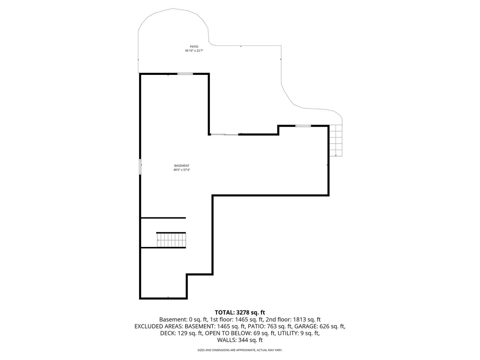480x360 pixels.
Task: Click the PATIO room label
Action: click(194, 46)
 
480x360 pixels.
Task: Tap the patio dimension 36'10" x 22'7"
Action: click(194, 50)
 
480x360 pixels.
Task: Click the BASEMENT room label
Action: click(182, 166)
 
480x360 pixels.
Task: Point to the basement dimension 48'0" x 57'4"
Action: click(182, 170)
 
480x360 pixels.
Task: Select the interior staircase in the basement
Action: click(171, 240)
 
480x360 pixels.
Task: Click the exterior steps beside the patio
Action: click(336, 140)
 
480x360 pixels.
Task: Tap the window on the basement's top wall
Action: click(185, 74)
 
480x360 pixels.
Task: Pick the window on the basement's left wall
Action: click(140, 167)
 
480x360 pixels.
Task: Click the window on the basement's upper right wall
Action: click(303, 126)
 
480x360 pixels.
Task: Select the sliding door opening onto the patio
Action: click(224, 134)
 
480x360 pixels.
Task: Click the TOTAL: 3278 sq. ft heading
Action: click(240, 312)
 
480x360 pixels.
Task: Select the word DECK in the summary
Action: click(167, 333)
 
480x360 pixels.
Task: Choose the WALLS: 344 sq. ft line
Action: click(240, 340)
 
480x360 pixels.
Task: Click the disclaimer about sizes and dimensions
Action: click(240, 350)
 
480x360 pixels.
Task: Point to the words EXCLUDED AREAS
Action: click(159, 327)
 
